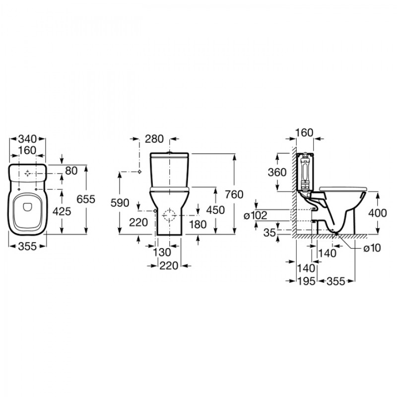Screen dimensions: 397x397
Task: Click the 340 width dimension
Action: [28, 139]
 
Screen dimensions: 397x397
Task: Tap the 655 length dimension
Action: [86, 199]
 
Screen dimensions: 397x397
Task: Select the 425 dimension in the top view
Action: [62, 211]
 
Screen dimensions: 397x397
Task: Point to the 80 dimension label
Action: [71, 171]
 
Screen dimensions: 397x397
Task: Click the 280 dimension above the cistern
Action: [154, 139]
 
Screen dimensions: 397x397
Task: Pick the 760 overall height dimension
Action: [234, 194]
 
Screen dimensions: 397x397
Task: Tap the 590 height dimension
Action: [120, 203]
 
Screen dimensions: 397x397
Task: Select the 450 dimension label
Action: [215, 210]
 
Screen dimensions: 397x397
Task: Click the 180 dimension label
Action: [198, 224]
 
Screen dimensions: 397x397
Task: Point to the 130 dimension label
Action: [162, 252]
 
